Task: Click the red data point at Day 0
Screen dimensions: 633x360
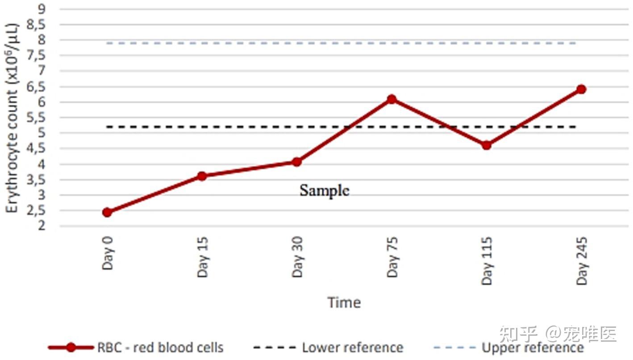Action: click(x=107, y=212)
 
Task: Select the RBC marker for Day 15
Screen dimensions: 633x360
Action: click(x=202, y=176)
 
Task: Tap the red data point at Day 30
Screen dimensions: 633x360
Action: click(x=297, y=162)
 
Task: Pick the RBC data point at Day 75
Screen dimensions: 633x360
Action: click(x=391, y=99)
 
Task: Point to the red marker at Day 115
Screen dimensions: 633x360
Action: click(x=486, y=145)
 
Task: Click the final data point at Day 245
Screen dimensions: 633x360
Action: click(x=581, y=89)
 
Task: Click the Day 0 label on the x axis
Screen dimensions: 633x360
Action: click(x=108, y=253)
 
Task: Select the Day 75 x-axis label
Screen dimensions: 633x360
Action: click(x=392, y=257)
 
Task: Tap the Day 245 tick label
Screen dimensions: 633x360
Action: click(x=582, y=261)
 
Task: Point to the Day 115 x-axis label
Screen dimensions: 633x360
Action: click(x=487, y=261)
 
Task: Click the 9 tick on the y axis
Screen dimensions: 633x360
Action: click(x=42, y=9)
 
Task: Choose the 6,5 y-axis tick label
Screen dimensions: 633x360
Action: click(x=36, y=87)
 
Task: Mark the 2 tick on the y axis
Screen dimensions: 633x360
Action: click(x=42, y=226)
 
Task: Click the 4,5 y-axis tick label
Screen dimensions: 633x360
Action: click(x=36, y=148)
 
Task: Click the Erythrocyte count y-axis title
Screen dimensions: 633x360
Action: click(x=12, y=118)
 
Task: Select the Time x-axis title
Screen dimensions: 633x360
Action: click(x=344, y=302)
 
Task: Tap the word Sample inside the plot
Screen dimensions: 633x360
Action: click(x=325, y=190)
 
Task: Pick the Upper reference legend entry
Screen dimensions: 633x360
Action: click(x=508, y=347)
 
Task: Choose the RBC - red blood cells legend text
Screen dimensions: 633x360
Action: click(x=161, y=347)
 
